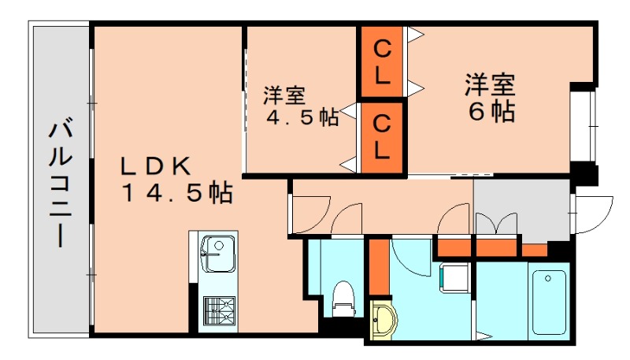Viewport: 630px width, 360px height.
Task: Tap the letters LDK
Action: [156, 166]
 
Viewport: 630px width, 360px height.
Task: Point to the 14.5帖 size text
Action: [176, 193]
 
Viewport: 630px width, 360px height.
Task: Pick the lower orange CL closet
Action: [382, 135]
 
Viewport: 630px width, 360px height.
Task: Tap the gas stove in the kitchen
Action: [218, 310]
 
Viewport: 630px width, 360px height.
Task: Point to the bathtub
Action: [550, 302]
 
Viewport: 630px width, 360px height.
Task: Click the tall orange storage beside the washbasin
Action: [379, 267]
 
